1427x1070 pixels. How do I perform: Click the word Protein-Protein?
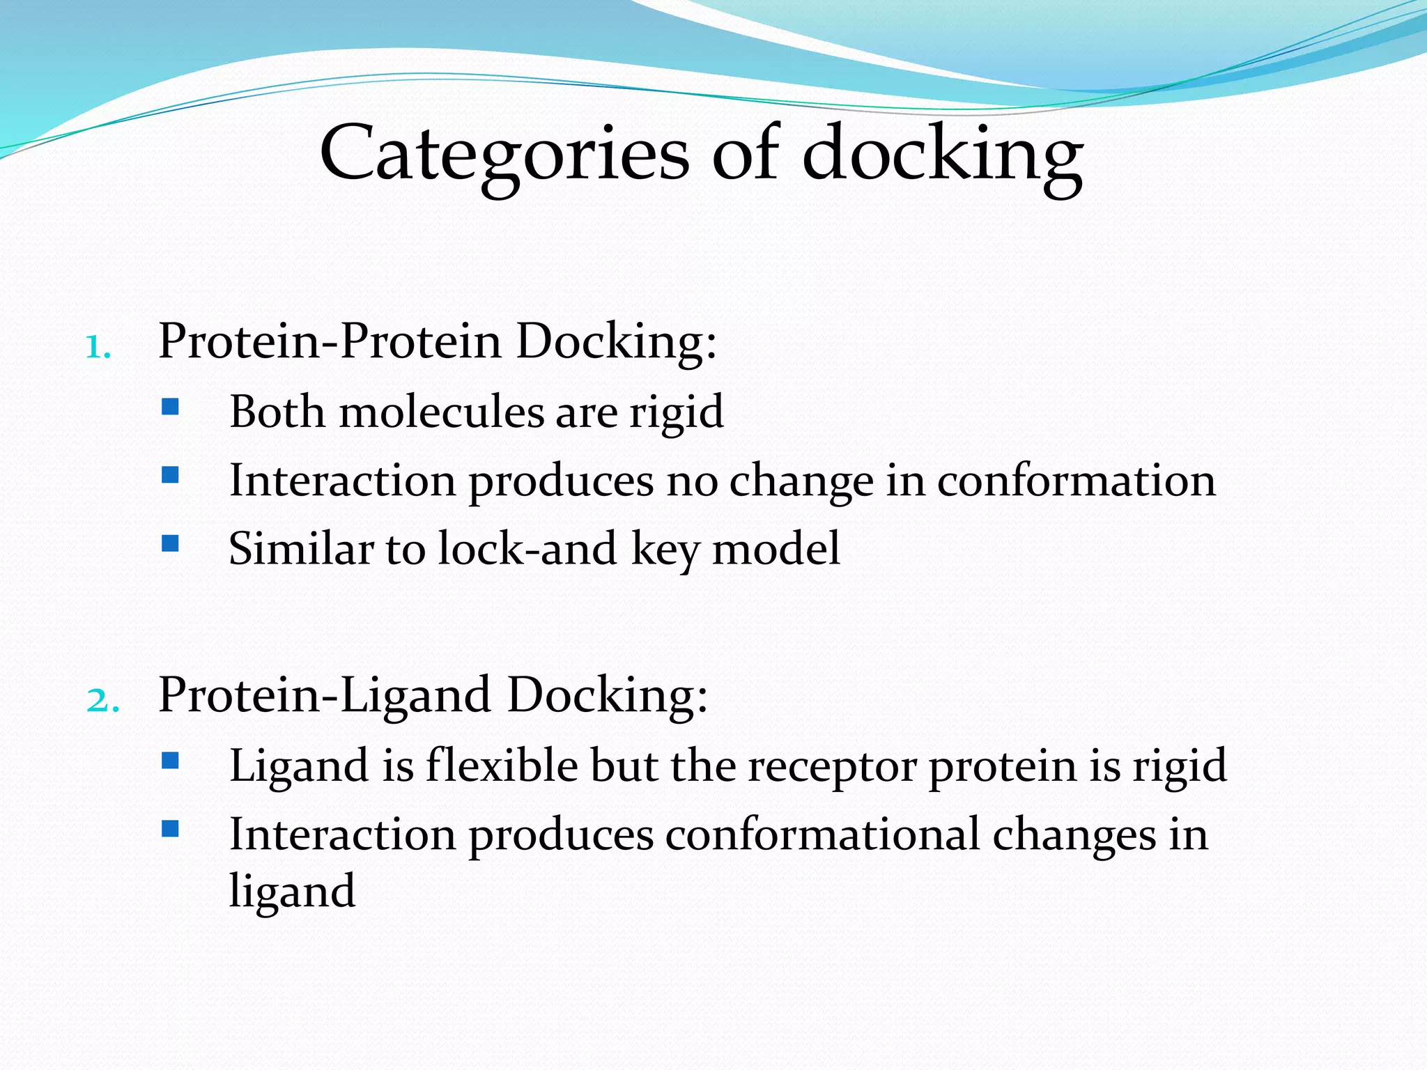click(330, 341)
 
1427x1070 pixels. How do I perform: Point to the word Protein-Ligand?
click(325, 695)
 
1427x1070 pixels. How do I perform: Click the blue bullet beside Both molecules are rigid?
click(170, 406)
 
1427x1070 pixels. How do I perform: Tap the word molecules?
click(441, 412)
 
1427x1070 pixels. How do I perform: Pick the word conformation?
click(1076, 481)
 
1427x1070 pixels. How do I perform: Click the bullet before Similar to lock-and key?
click(170, 543)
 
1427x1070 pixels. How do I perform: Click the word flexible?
click(502, 766)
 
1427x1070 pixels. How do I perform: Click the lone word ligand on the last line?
click(292, 891)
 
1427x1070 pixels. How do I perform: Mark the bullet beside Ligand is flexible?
click(170, 760)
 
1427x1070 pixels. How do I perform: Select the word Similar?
click(301, 548)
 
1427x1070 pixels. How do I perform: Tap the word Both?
click(277, 412)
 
